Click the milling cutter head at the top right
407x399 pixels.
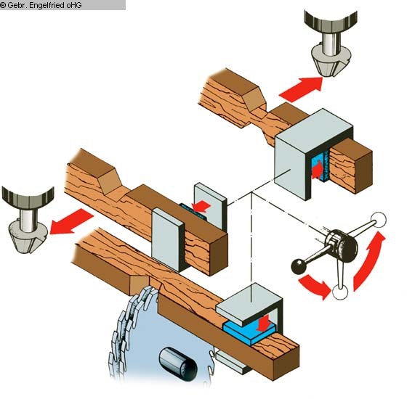tap(331, 44)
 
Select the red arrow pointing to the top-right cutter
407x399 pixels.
tap(302, 89)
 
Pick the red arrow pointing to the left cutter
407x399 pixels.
tap(71, 222)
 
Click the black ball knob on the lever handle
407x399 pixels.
tap(299, 266)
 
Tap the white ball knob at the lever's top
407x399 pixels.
tap(379, 220)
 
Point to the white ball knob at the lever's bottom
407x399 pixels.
tap(340, 292)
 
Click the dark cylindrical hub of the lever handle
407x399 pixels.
tap(341, 245)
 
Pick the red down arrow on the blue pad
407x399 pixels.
tap(265, 324)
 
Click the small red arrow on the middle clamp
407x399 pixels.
tap(201, 206)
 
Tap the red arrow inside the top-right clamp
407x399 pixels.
tap(317, 170)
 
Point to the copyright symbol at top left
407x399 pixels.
tap(3, 5)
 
